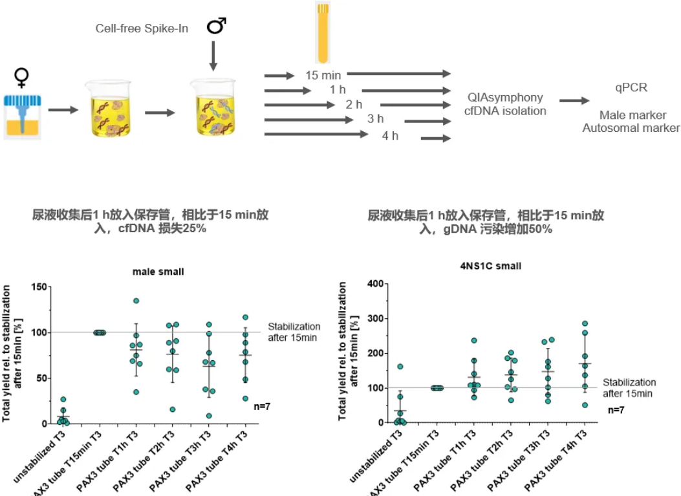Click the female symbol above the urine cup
(x=21, y=78)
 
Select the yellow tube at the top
(x=323, y=32)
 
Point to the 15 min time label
(x=323, y=75)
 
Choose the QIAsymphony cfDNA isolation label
(x=506, y=104)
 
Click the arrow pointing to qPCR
(x=574, y=101)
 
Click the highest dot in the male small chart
(x=136, y=301)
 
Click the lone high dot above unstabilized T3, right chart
(x=400, y=367)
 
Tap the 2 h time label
(x=354, y=105)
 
